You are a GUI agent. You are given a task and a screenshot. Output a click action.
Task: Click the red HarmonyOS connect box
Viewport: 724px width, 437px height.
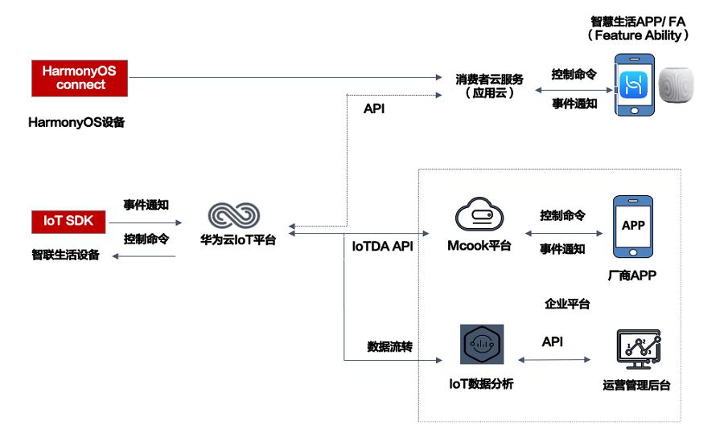[x=80, y=78]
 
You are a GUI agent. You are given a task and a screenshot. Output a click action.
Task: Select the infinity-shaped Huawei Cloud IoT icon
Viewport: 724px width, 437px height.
[x=234, y=214]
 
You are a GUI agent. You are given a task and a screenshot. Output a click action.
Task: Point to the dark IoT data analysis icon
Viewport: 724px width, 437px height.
[x=482, y=347]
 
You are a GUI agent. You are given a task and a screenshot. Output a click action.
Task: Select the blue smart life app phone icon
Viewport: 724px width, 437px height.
[x=632, y=85]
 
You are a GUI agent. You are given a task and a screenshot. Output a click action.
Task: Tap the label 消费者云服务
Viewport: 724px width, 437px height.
[x=489, y=79]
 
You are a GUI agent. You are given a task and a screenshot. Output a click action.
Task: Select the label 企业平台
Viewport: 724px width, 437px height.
[x=567, y=304]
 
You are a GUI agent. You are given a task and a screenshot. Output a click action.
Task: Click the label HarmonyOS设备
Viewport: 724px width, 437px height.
[x=77, y=124]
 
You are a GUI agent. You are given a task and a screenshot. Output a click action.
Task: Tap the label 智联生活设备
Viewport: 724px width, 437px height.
[x=66, y=255]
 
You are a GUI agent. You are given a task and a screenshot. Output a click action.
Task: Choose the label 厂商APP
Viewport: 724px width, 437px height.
[x=632, y=276]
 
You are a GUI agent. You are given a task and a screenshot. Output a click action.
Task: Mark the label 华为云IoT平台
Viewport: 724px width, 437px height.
[x=238, y=239]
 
